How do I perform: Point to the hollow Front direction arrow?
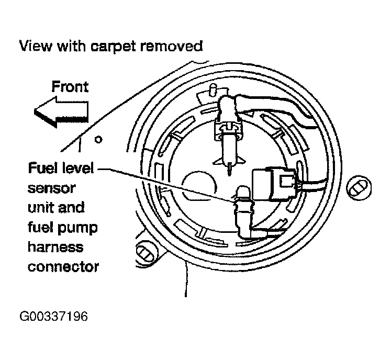tap(60, 113)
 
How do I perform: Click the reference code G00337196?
tap(54, 317)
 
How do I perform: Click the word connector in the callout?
tap(63, 267)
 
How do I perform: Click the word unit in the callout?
tap(39, 208)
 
